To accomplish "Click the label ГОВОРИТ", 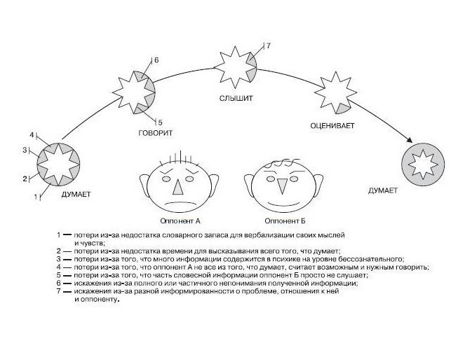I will click(156, 132).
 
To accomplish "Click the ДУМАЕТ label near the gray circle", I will click(383, 190).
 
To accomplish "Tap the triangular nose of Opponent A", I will click(177, 183).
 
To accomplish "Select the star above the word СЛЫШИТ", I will click(234, 66).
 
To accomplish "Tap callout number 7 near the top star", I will click(268, 45).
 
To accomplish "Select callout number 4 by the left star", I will click(32, 134).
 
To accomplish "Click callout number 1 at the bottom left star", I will click(36, 197).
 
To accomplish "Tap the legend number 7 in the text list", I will click(59, 290).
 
